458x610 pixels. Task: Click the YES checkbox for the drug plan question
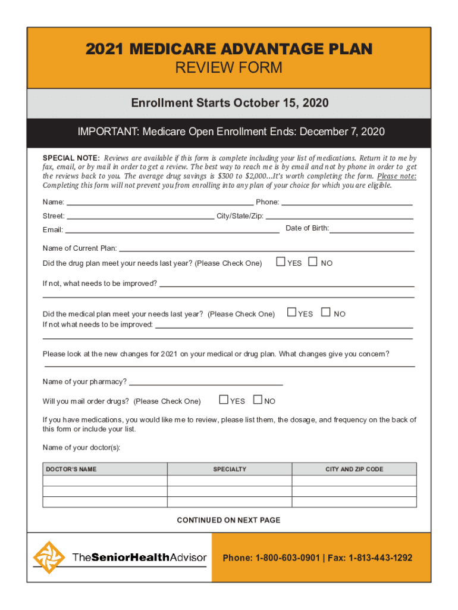point(281,262)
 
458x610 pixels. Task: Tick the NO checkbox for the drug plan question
point(313,262)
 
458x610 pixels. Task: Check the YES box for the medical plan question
point(291,312)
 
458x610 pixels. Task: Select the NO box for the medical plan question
point(325,312)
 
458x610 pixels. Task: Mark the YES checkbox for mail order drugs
point(223,400)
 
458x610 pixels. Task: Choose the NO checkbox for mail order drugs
point(258,400)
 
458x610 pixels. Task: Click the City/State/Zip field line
point(340,218)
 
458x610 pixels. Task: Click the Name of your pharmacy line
point(205,384)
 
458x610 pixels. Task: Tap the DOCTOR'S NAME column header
point(71,469)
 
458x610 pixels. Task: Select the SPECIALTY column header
point(230,469)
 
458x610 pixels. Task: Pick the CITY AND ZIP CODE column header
point(354,469)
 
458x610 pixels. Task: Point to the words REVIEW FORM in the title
point(228,68)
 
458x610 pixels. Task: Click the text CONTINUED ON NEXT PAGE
point(228,520)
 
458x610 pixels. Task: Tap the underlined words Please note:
point(397,176)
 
